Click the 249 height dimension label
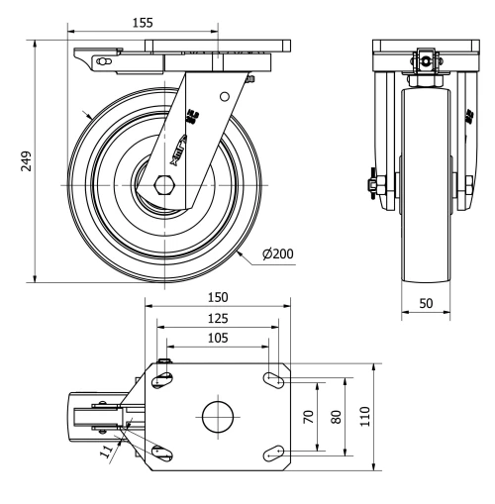[x=26, y=161]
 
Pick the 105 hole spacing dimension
[x=218, y=338]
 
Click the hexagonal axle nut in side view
[x=164, y=185]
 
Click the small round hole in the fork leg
[x=226, y=97]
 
